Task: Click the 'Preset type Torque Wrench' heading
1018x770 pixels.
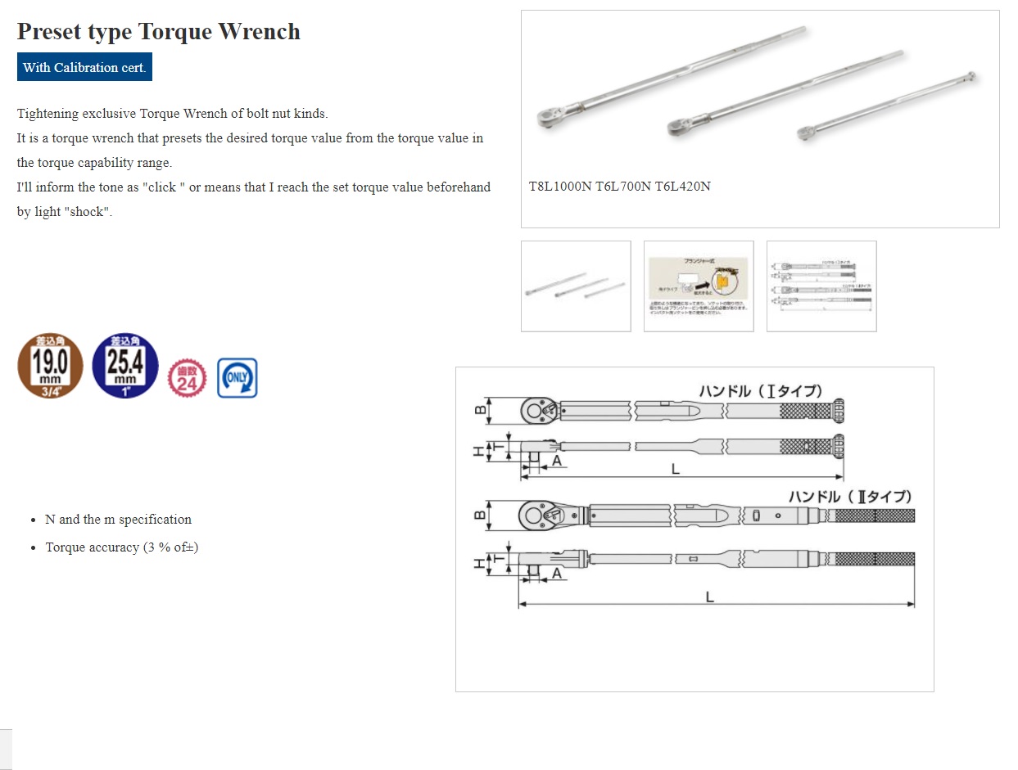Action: [x=158, y=32]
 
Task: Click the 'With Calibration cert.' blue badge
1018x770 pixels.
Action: [x=84, y=67]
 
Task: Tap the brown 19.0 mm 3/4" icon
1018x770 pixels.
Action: [x=50, y=366]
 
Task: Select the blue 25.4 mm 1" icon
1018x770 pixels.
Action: [x=125, y=366]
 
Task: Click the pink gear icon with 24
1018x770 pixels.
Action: [x=187, y=378]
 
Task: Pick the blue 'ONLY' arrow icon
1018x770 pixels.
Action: [x=238, y=378]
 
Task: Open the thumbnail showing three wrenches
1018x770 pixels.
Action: [x=576, y=286]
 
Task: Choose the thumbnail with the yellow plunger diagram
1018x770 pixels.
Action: [x=699, y=286]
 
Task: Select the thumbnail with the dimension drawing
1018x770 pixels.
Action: [x=821, y=286]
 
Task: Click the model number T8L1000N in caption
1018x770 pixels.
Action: [x=560, y=187]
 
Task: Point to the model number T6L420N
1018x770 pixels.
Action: [x=682, y=187]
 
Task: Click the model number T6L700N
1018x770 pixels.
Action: [x=622, y=187]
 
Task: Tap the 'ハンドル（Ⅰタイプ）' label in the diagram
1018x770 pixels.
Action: [x=760, y=391]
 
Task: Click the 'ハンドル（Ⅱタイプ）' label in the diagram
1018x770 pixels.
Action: [x=849, y=497]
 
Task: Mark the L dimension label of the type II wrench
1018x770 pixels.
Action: [x=710, y=597]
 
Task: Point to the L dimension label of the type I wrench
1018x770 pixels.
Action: [x=675, y=470]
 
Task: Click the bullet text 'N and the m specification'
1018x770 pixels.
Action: [x=118, y=520]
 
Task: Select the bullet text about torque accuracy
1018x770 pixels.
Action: [x=121, y=547]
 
